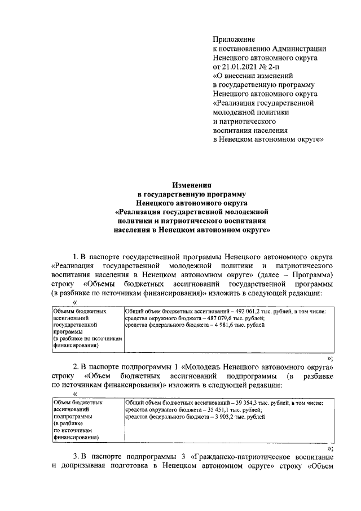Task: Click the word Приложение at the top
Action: (x=234, y=39)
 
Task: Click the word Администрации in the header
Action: (x=296, y=48)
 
